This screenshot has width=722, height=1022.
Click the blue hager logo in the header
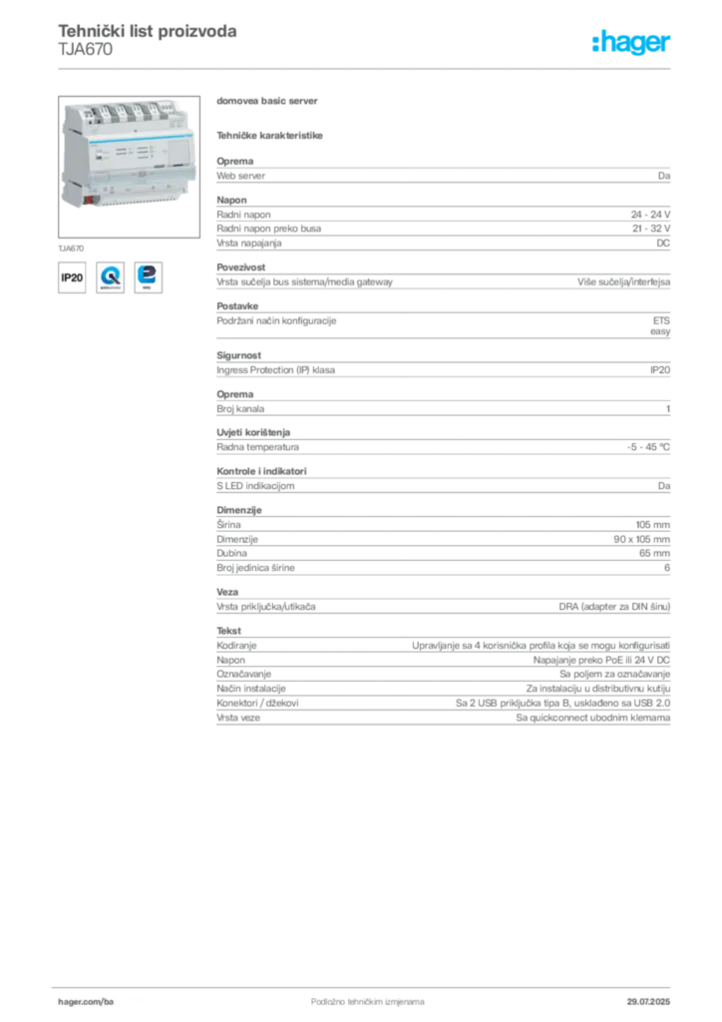click(x=633, y=43)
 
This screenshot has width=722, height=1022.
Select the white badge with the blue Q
click(x=110, y=276)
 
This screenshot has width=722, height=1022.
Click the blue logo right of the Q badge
click(x=152, y=276)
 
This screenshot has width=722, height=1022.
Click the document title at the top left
click(x=148, y=32)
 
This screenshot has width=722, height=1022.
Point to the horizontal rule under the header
click(x=367, y=67)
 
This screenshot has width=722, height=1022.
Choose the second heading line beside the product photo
click(x=271, y=134)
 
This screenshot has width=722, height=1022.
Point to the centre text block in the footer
click(x=355, y=994)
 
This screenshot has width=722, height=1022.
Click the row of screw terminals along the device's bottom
click(x=140, y=198)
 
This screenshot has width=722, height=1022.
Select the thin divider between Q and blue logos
click(x=130, y=276)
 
